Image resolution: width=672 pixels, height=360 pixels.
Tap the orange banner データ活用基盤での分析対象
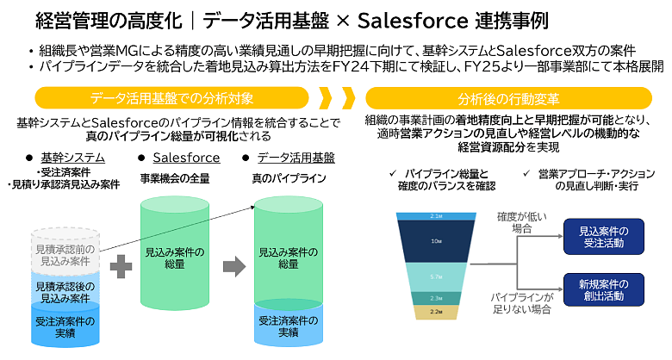[173, 96]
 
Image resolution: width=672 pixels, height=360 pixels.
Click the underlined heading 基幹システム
[72, 158]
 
